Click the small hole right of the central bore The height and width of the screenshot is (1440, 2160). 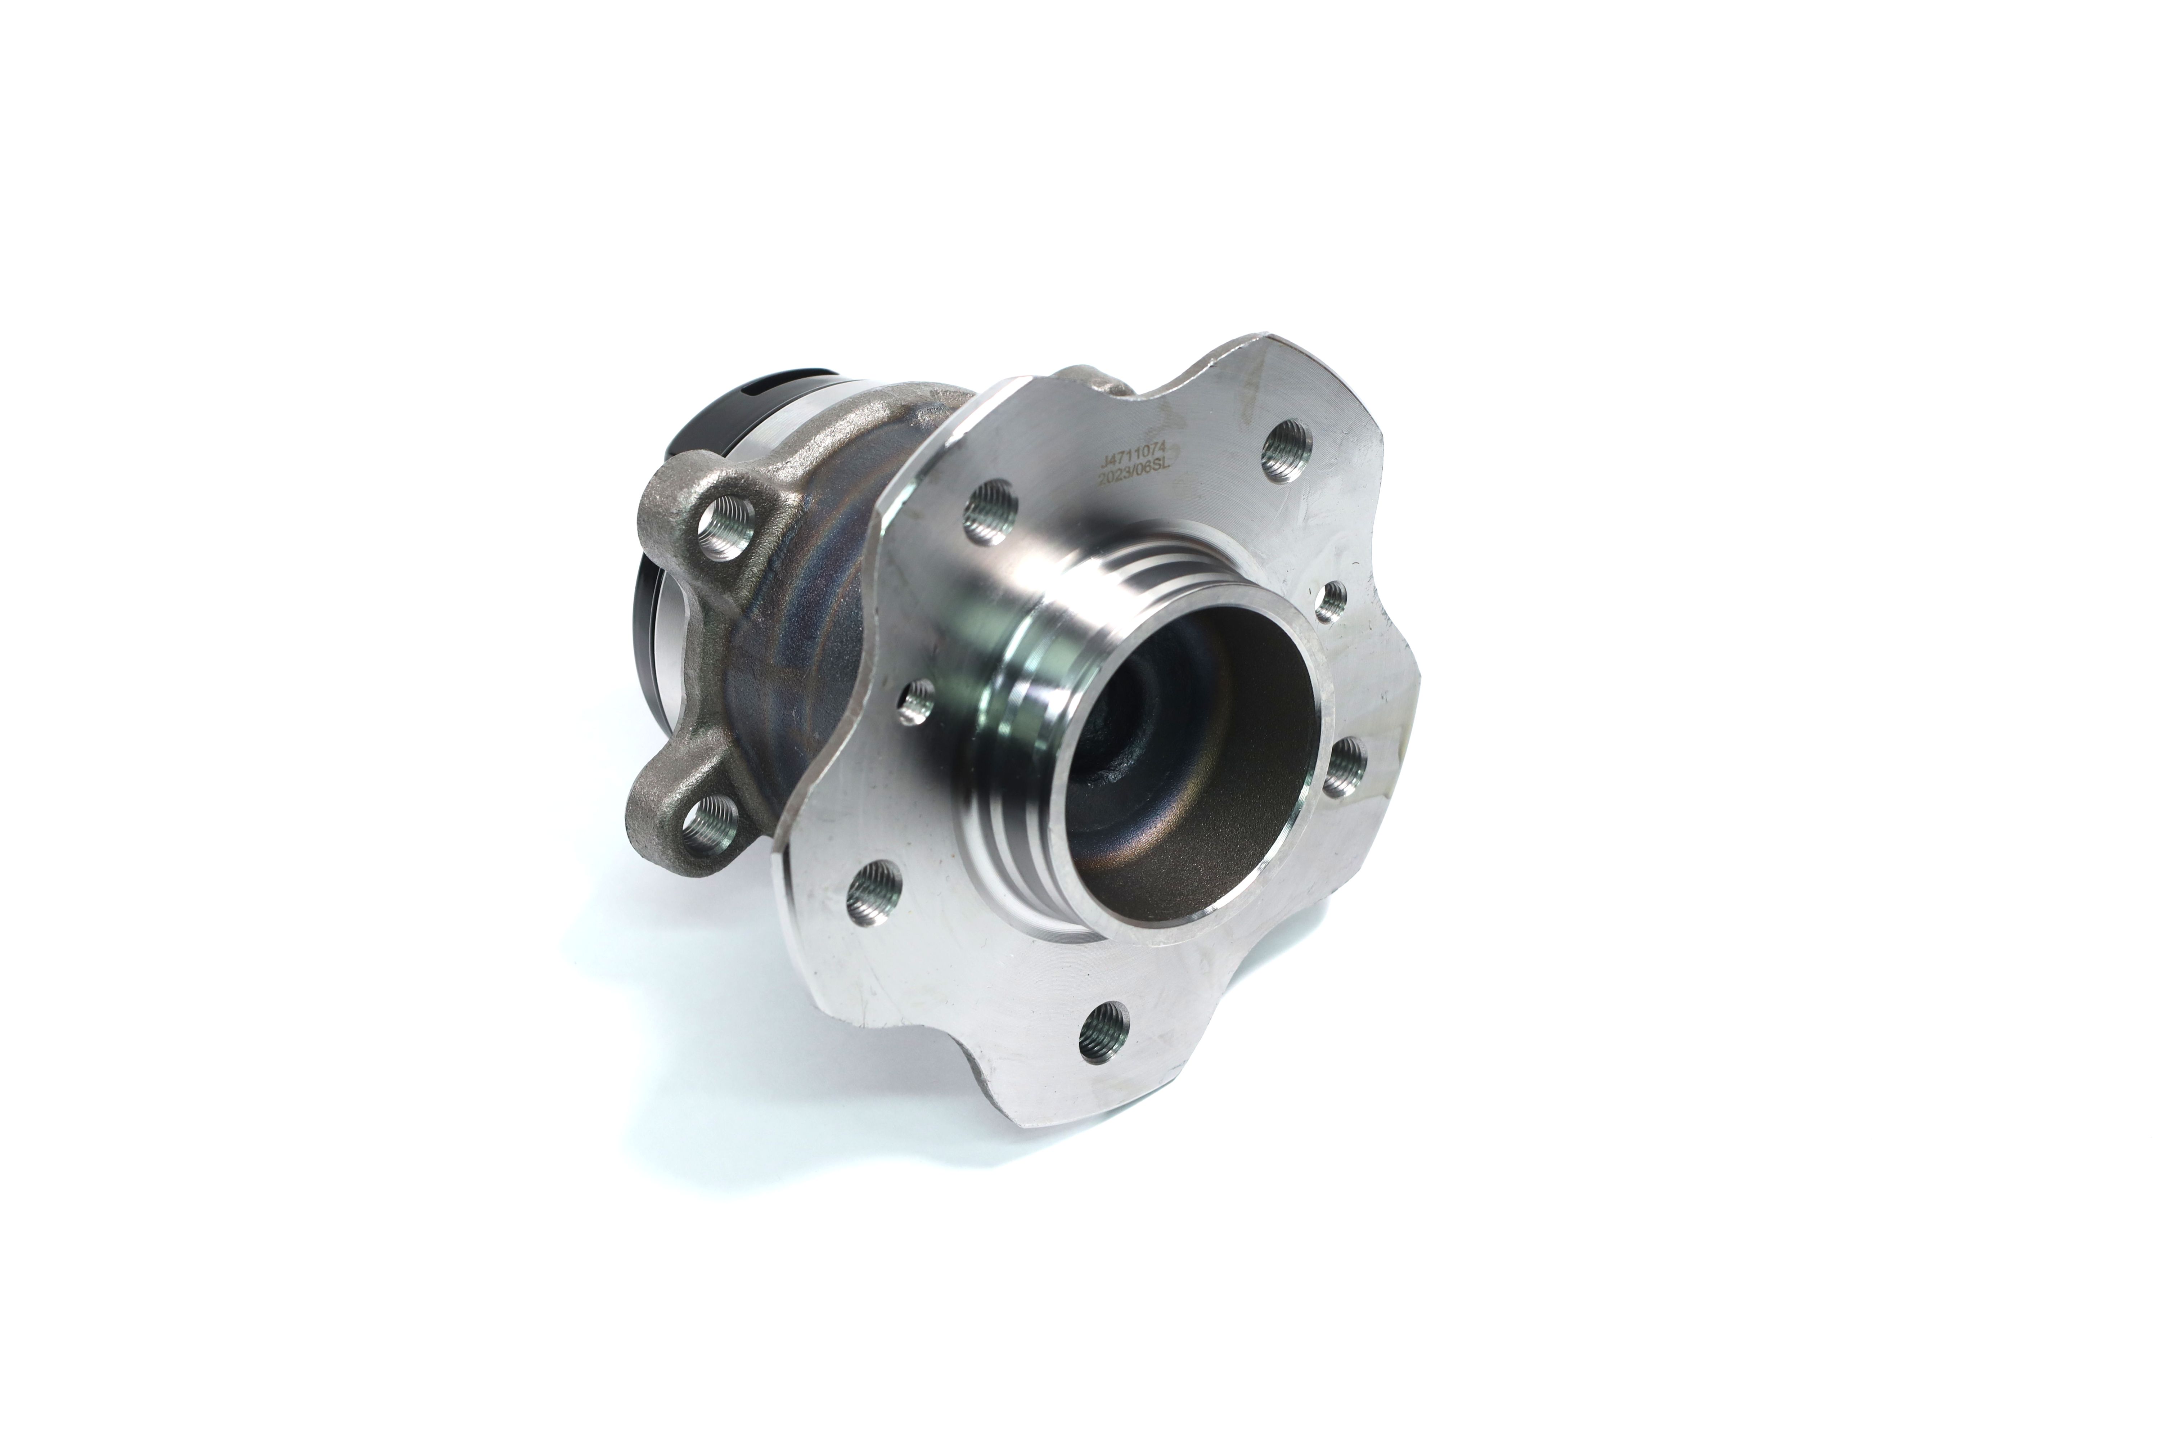[x=1331, y=602]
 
